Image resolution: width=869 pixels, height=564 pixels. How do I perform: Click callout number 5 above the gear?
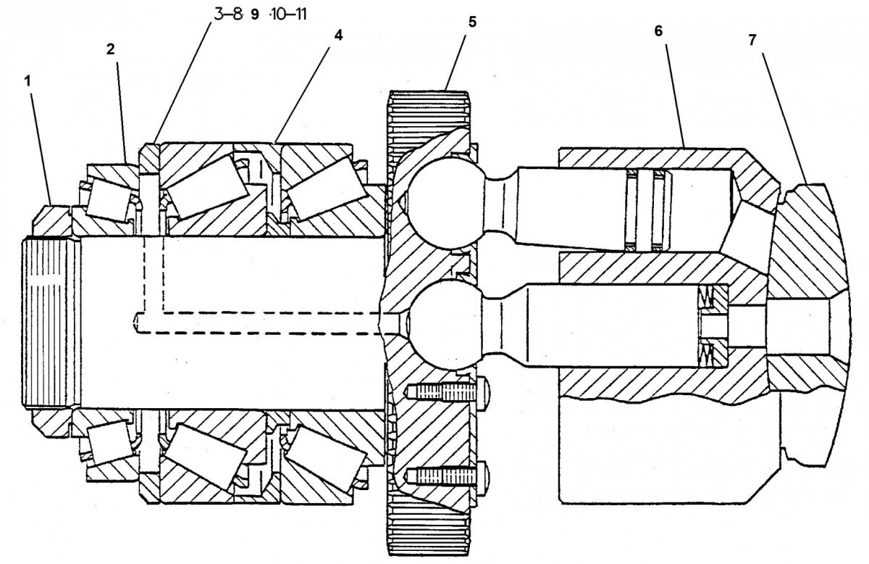(471, 22)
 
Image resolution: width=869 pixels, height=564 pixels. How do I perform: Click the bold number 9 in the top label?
(254, 15)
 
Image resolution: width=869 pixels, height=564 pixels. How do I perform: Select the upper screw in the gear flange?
(442, 392)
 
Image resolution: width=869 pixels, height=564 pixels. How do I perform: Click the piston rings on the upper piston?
(647, 210)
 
